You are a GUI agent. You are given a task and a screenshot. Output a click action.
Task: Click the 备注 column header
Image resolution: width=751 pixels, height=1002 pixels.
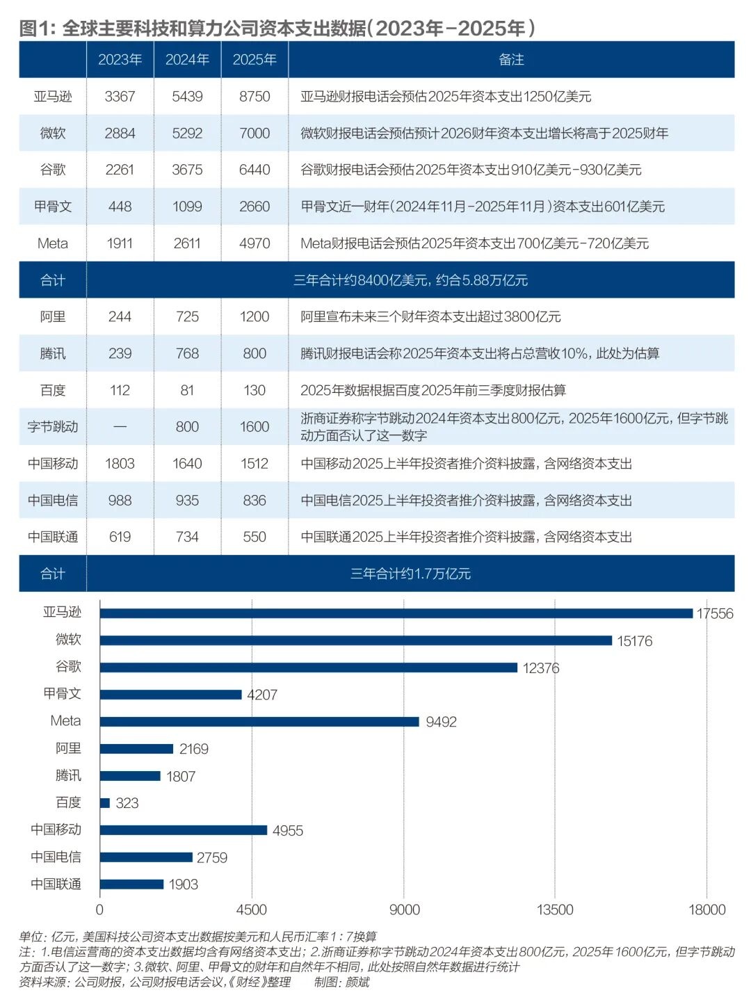click(511, 60)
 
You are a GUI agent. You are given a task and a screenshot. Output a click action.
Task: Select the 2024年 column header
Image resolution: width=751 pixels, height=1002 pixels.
click(187, 60)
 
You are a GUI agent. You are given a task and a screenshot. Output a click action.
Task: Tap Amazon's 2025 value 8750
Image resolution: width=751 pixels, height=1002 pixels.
click(255, 97)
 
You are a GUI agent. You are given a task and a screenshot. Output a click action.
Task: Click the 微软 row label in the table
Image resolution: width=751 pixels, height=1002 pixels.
click(53, 134)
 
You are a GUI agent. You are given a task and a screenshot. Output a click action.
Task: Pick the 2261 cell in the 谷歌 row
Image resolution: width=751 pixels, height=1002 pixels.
click(120, 170)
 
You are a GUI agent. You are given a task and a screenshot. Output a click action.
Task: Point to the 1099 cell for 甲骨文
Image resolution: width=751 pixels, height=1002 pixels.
click(187, 207)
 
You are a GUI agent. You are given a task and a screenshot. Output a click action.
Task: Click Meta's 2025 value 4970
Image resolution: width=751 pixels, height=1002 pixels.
click(255, 243)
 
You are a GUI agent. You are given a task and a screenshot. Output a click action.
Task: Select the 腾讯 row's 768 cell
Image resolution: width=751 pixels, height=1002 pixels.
click(187, 353)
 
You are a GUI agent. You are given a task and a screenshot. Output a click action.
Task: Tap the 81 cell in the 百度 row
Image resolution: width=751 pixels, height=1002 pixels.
click(187, 390)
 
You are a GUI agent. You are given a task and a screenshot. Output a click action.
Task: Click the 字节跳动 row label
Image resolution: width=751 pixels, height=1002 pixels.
click(53, 427)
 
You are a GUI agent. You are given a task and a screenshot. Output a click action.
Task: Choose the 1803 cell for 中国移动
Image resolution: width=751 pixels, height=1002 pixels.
click(120, 464)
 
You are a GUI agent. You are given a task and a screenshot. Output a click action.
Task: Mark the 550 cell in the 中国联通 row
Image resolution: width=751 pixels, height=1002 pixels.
click(255, 537)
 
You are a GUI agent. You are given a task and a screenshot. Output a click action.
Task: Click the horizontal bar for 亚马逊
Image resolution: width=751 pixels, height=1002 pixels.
click(396, 613)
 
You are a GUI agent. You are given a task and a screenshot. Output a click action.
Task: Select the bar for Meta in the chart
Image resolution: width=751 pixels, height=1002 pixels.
click(259, 722)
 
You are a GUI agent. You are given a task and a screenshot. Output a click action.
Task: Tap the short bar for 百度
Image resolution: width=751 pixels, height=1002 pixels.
click(105, 803)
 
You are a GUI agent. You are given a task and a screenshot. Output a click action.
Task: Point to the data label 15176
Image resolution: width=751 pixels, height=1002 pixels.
click(634, 641)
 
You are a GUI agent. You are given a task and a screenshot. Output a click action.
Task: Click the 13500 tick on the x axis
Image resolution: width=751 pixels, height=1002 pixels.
click(555, 910)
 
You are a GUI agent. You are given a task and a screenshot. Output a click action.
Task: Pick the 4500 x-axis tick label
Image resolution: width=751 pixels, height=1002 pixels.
click(251, 910)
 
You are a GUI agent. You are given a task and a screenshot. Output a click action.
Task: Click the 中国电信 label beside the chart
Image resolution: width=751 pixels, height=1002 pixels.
click(56, 857)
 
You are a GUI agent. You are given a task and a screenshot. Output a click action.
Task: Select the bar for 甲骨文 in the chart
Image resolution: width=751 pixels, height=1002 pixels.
click(170, 695)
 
